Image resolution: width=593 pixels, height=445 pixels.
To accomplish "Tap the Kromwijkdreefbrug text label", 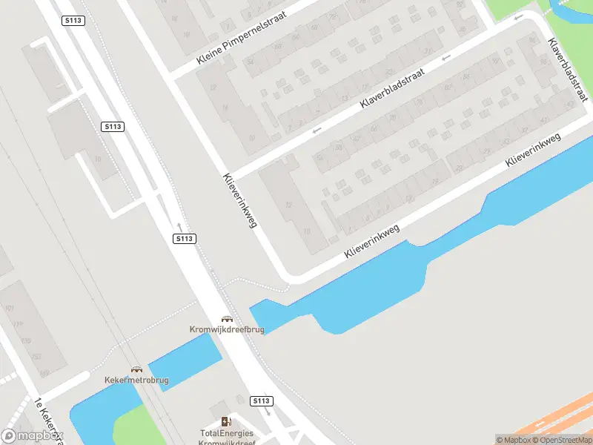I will click(225, 329).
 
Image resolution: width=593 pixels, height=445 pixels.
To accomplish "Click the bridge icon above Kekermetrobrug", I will click(136, 369).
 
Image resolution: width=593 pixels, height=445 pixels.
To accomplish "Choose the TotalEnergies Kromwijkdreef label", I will click(226, 438).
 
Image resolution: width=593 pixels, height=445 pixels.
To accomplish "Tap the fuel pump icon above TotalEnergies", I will click(225, 421).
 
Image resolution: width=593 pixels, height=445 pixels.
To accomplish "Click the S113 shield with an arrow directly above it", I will click(185, 238).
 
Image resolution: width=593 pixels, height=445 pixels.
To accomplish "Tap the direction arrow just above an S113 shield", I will click(179, 225).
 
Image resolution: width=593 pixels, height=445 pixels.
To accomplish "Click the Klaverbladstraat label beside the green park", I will click(566, 70).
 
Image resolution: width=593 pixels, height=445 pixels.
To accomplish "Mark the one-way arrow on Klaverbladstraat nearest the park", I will click(519, 16).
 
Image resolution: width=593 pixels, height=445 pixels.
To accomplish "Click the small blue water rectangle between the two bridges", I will click(185, 359).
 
